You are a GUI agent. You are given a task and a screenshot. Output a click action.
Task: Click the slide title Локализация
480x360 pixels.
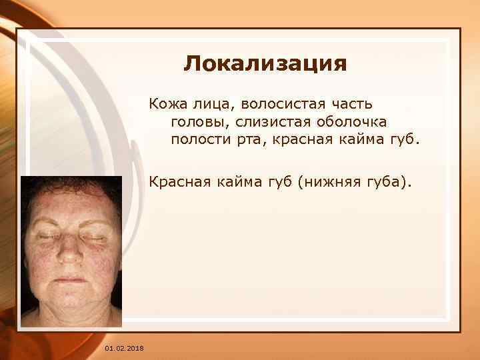click(x=265, y=64)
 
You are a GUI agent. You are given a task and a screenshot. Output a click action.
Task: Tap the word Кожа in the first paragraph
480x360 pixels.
click(x=163, y=104)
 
